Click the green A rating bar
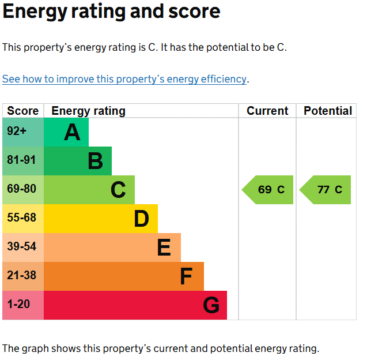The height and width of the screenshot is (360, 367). (66, 132)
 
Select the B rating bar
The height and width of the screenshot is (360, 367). (78, 161)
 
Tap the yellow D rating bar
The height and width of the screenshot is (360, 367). (101, 219)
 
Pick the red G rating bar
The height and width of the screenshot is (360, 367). (135, 305)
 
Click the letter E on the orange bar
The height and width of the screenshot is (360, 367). (164, 247)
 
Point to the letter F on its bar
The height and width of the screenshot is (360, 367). (186, 276)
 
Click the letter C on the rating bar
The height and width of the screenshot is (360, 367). (118, 190)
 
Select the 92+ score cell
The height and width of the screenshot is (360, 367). (23, 132)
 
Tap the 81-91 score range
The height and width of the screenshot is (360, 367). (23, 161)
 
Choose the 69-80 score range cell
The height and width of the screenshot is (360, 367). (23, 190)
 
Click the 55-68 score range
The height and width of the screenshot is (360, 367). (23, 219)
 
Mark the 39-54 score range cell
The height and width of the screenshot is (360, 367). (23, 247)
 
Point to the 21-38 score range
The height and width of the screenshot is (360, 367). (23, 276)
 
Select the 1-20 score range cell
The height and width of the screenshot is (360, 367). (23, 305)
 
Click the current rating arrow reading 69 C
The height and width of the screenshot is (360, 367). (267, 190)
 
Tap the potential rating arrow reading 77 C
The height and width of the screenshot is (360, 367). (325, 190)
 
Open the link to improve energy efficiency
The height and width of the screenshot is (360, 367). (124, 79)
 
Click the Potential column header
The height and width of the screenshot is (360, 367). (328, 111)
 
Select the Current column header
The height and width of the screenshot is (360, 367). (267, 111)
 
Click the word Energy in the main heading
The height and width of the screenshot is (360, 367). (35, 12)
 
